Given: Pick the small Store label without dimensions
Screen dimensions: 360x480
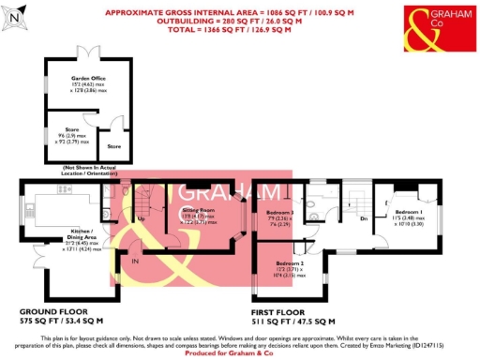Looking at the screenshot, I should [113, 146].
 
